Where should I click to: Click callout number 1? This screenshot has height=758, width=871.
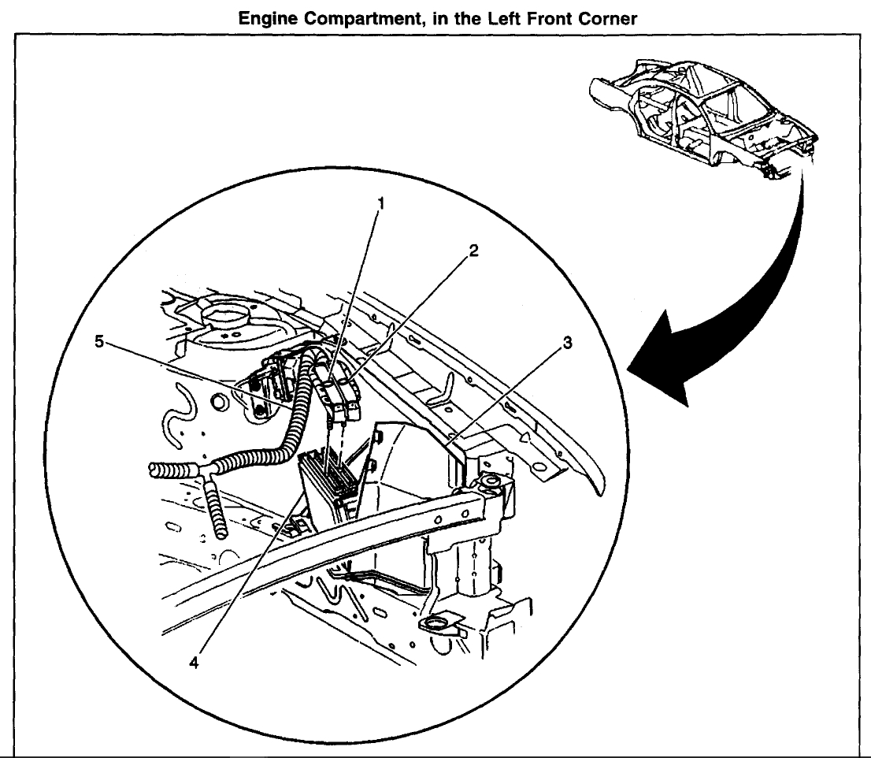pos(382,203)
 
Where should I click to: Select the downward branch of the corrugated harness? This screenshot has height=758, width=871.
pos(216,512)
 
